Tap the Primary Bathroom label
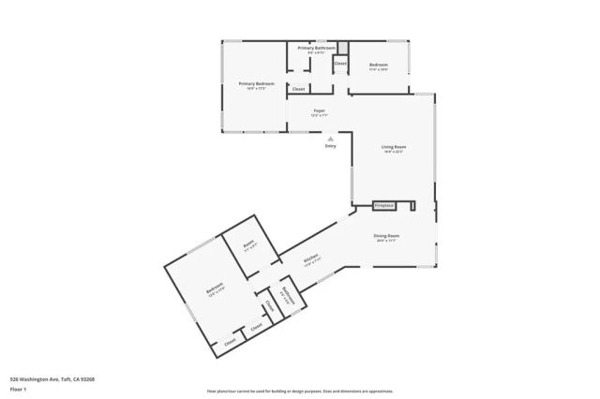pyautogui.click(x=316, y=47)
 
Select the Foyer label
pyautogui.click(x=319, y=111)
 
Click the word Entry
pyautogui.click(x=330, y=146)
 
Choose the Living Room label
pyautogui.click(x=393, y=147)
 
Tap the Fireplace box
pyautogui.click(x=382, y=204)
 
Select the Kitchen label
pyautogui.click(x=312, y=259)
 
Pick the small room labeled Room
pyautogui.click(x=248, y=244)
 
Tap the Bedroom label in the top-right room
pyautogui.click(x=379, y=65)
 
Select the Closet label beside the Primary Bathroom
pyautogui.click(x=340, y=64)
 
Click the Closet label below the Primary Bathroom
pyautogui.click(x=298, y=89)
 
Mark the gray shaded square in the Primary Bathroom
pyautogui.click(x=342, y=47)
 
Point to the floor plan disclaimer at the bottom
pyautogui.click(x=300, y=392)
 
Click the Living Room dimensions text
pyautogui.click(x=393, y=152)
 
